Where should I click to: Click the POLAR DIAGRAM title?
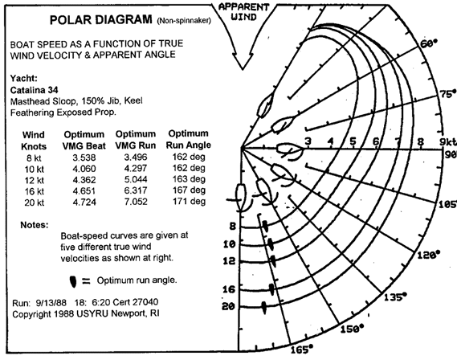pos(101,20)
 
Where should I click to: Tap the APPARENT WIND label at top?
pos(243,12)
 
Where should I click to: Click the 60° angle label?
pos(429,43)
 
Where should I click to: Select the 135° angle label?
pos(395,297)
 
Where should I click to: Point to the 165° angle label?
pos(302,350)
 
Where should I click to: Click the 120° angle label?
pos(428,255)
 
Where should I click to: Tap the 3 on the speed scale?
pos(308,141)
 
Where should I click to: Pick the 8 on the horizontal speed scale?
pos(420,141)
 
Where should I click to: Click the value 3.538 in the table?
pos(84,157)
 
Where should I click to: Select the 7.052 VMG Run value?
pos(136,202)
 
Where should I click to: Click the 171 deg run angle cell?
pos(189,201)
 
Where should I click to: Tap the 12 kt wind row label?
pos(34,181)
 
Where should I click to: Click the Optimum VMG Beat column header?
pos(84,140)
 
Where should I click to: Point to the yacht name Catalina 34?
pos(34,90)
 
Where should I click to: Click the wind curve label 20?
pos(228,307)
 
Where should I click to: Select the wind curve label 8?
pos(232,226)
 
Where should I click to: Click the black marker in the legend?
pos(73,281)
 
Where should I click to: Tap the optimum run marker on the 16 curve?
pos(271,289)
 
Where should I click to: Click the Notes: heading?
pos(34,225)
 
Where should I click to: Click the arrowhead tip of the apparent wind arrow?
pos(243,69)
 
